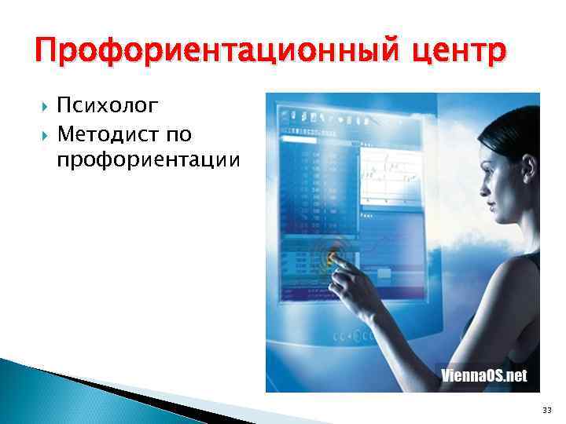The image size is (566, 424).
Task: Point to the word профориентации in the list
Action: (x=149, y=160)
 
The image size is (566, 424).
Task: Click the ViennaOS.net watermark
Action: (x=483, y=375)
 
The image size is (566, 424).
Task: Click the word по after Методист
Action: (x=178, y=134)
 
